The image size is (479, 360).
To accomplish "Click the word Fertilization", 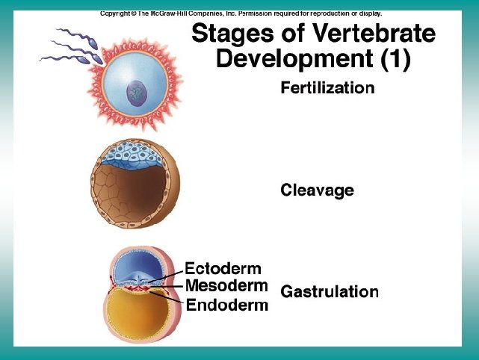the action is (x=327, y=88).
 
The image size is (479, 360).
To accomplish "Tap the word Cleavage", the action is (x=317, y=190).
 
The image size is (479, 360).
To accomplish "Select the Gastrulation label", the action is (x=329, y=292).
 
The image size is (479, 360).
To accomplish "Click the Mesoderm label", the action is (x=226, y=286).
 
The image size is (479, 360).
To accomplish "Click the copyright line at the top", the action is (x=241, y=13).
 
